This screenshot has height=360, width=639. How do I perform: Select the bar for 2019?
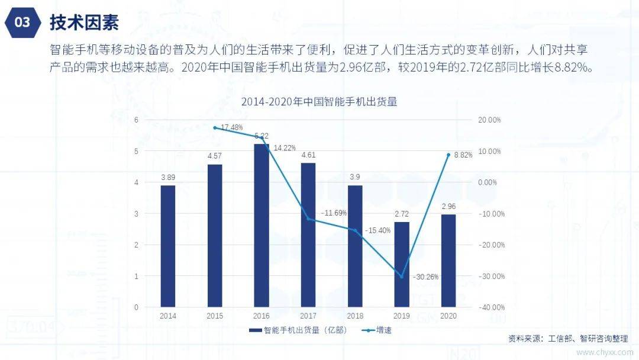pyautogui.click(x=402, y=264)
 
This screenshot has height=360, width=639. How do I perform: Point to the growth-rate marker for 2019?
pyautogui.click(x=402, y=277)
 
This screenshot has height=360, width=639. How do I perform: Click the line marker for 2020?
pyautogui.click(x=448, y=155)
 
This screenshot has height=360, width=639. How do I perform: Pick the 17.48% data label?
pyautogui.click(x=231, y=127)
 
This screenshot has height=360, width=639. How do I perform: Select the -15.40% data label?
pyautogui.click(x=377, y=230)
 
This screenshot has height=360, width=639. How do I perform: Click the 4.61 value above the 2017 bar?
pyautogui.click(x=308, y=155)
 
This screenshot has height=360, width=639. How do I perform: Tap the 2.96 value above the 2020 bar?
pyautogui.click(x=448, y=207)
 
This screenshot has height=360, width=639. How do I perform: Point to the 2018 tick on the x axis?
pyautogui.click(x=355, y=316)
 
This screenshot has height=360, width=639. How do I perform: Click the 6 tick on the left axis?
pyautogui.click(x=136, y=120)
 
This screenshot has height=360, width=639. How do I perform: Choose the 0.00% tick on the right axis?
pyautogui.click(x=488, y=182)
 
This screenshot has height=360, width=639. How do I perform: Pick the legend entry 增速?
pyautogui.click(x=376, y=330)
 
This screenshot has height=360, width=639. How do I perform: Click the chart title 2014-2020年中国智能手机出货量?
pyautogui.click(x=319, y=101)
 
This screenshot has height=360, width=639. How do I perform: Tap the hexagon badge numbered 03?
pyautogui.click(x=22, y=22)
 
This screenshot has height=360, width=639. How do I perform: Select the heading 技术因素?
pyautogui.click(x=84, y=22)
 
